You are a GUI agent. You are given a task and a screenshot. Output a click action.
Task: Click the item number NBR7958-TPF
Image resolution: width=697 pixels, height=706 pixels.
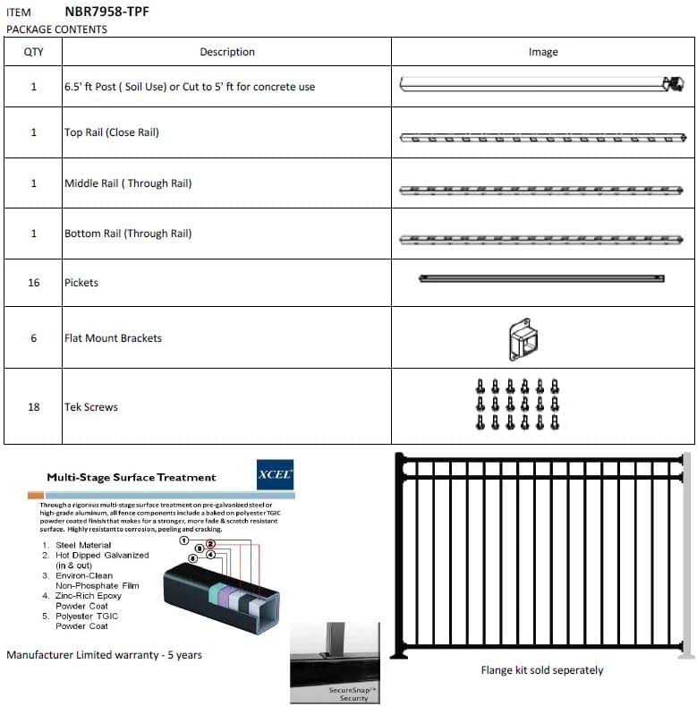tap(107, 13)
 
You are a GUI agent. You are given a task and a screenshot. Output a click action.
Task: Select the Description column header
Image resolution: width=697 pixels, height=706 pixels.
tap(227, 52)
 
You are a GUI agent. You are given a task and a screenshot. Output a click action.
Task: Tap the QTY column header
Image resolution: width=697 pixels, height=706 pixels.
tap(33, 52)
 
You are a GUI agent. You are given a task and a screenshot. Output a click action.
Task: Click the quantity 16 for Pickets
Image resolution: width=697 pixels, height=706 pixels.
tap(34, 283)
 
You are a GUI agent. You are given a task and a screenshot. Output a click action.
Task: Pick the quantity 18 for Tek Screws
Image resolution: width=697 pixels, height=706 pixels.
tap(34, 407)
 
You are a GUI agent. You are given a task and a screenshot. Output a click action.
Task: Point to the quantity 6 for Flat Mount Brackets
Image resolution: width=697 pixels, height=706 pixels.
tap(34, 338)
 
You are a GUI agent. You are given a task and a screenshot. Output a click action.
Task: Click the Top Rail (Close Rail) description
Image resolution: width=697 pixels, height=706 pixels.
tap(112, 132)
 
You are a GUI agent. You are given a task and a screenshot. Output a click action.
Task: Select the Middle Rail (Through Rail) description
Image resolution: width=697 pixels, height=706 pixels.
tap(128, 183)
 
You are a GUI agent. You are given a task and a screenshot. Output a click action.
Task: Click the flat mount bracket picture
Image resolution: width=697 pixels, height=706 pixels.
tap(523, 339)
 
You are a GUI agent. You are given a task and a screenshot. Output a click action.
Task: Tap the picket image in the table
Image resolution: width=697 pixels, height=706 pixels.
tap(541, 279)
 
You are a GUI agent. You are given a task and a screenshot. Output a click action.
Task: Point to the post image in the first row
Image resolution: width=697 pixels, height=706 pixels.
tap(541, 84)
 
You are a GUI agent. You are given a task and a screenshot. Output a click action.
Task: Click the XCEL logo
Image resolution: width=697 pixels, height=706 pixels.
tap(274, 474)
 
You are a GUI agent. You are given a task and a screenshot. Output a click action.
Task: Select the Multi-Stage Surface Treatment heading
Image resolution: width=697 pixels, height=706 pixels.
tap(132, 477)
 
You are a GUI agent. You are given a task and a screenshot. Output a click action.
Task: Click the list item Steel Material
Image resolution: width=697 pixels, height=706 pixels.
tap(82, 545)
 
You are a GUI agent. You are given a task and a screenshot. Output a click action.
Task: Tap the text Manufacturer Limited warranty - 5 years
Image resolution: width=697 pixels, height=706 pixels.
tap(104, 655)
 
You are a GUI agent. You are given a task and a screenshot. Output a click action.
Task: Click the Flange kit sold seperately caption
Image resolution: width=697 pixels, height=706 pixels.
tap(542, 670)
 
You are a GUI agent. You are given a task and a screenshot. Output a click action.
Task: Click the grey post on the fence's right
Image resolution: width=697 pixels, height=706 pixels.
tap(687, 555)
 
